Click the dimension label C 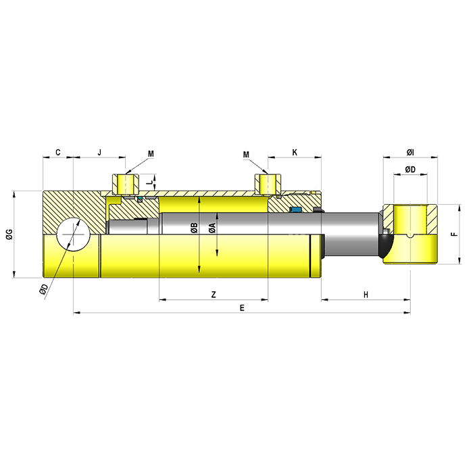tap(58, 152)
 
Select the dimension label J tap(99, 152)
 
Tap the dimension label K tap(295, 152)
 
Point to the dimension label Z tap(214, 294)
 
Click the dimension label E tap(242, 307)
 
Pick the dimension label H tap(366, 295)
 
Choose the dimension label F tap(454, 234)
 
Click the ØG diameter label tap(9, 234)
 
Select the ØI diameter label tap(410, 153)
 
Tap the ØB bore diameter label tap(194, 228)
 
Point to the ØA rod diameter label tap(212, 228)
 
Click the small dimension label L tap(149, 182)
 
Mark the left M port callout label tap(151, 154)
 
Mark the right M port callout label tap(246, 155)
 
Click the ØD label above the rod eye tap(410, 170)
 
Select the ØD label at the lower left tap(43, 289)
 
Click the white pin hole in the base tap(73, 234)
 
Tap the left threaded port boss tap(126, 184)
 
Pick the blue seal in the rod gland tap(296, 209)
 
